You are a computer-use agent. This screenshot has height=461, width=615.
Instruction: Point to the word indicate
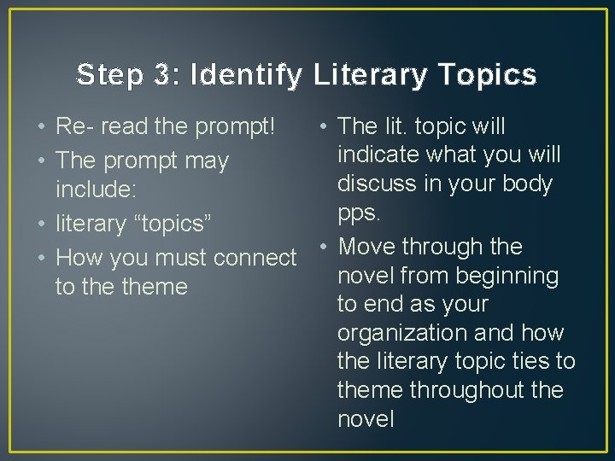[380, 155]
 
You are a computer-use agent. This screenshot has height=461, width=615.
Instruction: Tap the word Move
[367, 247]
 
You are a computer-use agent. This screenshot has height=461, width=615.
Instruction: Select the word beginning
[509, 276]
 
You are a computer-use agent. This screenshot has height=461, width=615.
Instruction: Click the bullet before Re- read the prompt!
[41, 127]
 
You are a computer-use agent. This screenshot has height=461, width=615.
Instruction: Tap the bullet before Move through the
[324, 247]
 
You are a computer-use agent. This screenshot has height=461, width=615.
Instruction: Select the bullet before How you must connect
[41, 258]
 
